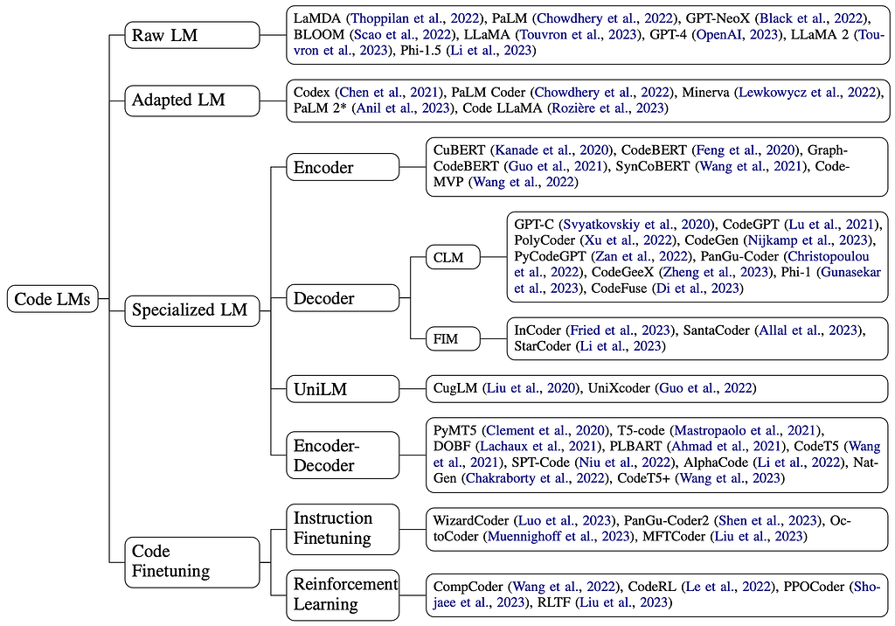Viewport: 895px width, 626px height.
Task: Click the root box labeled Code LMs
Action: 52,299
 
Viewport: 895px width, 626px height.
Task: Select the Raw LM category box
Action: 191,35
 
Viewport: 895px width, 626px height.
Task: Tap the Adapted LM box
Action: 191,100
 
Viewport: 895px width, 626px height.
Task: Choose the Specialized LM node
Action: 191,310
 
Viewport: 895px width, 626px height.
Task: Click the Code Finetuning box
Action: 191,561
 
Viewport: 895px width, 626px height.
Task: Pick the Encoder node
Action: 343,167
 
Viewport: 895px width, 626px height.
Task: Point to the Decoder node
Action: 343,297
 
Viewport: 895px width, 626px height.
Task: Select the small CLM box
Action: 453,257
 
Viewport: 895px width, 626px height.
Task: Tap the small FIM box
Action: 453,338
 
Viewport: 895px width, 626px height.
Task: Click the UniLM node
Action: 343,389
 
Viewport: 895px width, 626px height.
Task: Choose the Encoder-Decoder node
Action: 343,456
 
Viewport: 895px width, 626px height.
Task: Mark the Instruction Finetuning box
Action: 343,528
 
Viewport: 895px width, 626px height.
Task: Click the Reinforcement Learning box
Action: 343,595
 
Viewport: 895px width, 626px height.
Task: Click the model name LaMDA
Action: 316,18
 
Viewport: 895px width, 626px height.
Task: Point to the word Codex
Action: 312,92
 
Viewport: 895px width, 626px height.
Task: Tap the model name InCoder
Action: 538,330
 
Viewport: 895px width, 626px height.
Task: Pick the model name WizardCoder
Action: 470,520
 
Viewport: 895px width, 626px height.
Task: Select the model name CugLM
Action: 454,388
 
